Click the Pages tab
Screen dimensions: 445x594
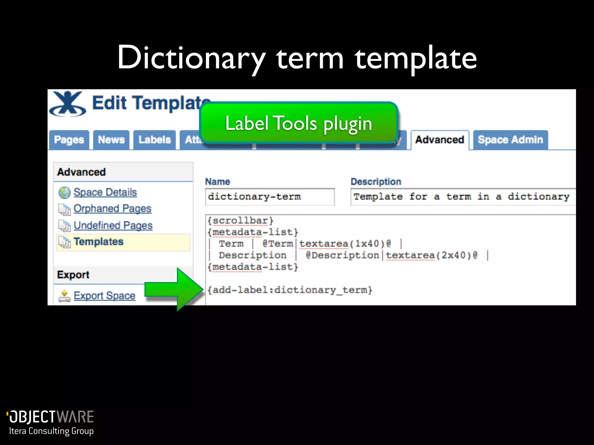click(x=69, y=140)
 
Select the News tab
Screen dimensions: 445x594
click(x=111, y=140)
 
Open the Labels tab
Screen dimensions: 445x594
click(x=155, y=140)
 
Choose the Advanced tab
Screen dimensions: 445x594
click(x=440, y=140)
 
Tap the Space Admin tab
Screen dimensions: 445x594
click(x=510, y=140)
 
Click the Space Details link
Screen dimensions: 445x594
click(x=105, y=192)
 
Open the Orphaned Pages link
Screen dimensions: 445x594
click(x=112, y=209)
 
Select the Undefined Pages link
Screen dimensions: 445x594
click(x=113, y=225)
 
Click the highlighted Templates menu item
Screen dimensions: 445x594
click(x=99, y=242)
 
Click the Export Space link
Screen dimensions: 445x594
click(x=104, y=296)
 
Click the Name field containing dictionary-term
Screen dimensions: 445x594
click(x=270, y=197)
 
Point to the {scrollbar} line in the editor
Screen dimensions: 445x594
click(x=240, y=221)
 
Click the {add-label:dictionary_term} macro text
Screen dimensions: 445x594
click(x=289, y=290)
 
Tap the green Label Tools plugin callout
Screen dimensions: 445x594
click(x=299, y=123)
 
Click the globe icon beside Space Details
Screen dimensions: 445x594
click(x=64, y=193)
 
